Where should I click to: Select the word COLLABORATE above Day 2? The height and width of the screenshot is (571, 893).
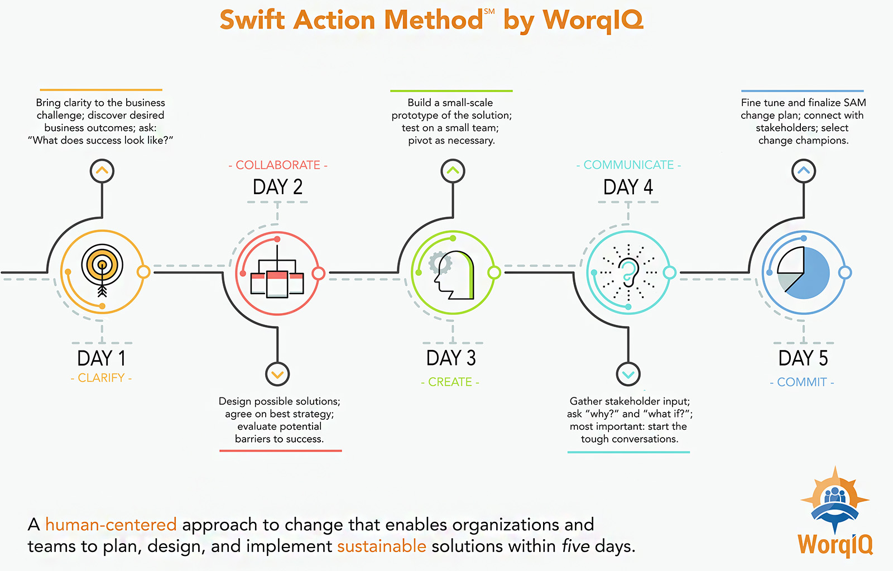click(278, 165)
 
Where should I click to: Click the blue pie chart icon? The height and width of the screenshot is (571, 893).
click(803, 273)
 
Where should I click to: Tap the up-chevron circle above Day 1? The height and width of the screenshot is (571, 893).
click(102, 171)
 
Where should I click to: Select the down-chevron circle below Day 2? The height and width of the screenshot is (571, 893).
click(277, 374)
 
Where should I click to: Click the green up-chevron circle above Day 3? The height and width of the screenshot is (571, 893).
click(453, 171)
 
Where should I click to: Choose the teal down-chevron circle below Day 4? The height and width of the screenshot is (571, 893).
click(628, 374)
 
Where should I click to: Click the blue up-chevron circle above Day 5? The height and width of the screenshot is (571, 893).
click(804, 171)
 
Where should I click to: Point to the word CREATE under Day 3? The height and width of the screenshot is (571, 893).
click(450, 382)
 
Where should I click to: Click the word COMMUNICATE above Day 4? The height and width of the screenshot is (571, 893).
click(628, 165)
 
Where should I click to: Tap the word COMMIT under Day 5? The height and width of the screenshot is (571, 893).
click(802, 382)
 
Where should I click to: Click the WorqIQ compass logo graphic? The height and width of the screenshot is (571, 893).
click(835, 499)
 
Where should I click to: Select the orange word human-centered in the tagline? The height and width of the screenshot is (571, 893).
click(111, 524)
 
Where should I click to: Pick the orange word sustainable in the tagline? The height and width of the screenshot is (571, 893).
click(382, 546)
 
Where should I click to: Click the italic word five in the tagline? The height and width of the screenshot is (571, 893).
click(575, 546)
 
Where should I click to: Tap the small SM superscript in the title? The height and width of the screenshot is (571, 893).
click(489, 12)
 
